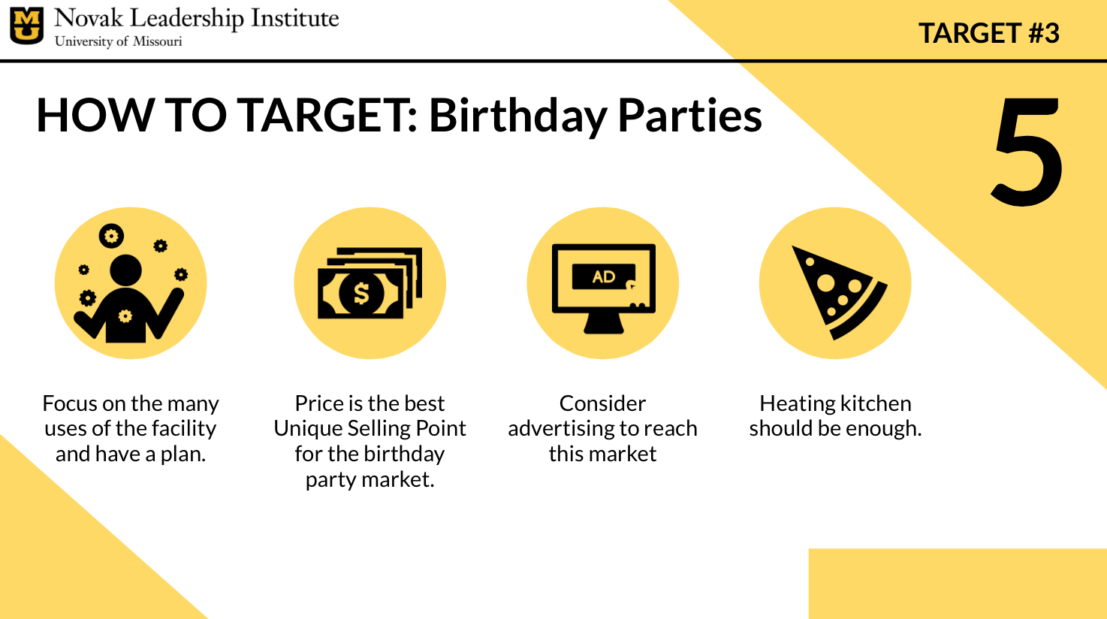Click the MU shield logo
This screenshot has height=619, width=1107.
coord(26,26)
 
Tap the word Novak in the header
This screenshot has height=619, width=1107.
coord(89,18)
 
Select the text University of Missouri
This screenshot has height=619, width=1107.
coord(118,41)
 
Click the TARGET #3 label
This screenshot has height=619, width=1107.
coord(989,33)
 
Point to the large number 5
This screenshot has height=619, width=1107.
coord(1027,150)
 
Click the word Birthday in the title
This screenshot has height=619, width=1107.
coord(517,116)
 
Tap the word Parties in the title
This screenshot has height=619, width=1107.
coord(690,116)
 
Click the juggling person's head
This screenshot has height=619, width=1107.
coord(125,270)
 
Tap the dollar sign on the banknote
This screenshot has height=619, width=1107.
coord(361,293)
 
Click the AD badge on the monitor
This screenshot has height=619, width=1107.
coord(603,276)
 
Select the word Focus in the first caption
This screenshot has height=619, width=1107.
coord(69,403)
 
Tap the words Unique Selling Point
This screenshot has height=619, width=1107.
coord(370,429)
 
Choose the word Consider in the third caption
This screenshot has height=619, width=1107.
coord(602,403)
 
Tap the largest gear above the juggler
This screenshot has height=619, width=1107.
coord(111,236)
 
